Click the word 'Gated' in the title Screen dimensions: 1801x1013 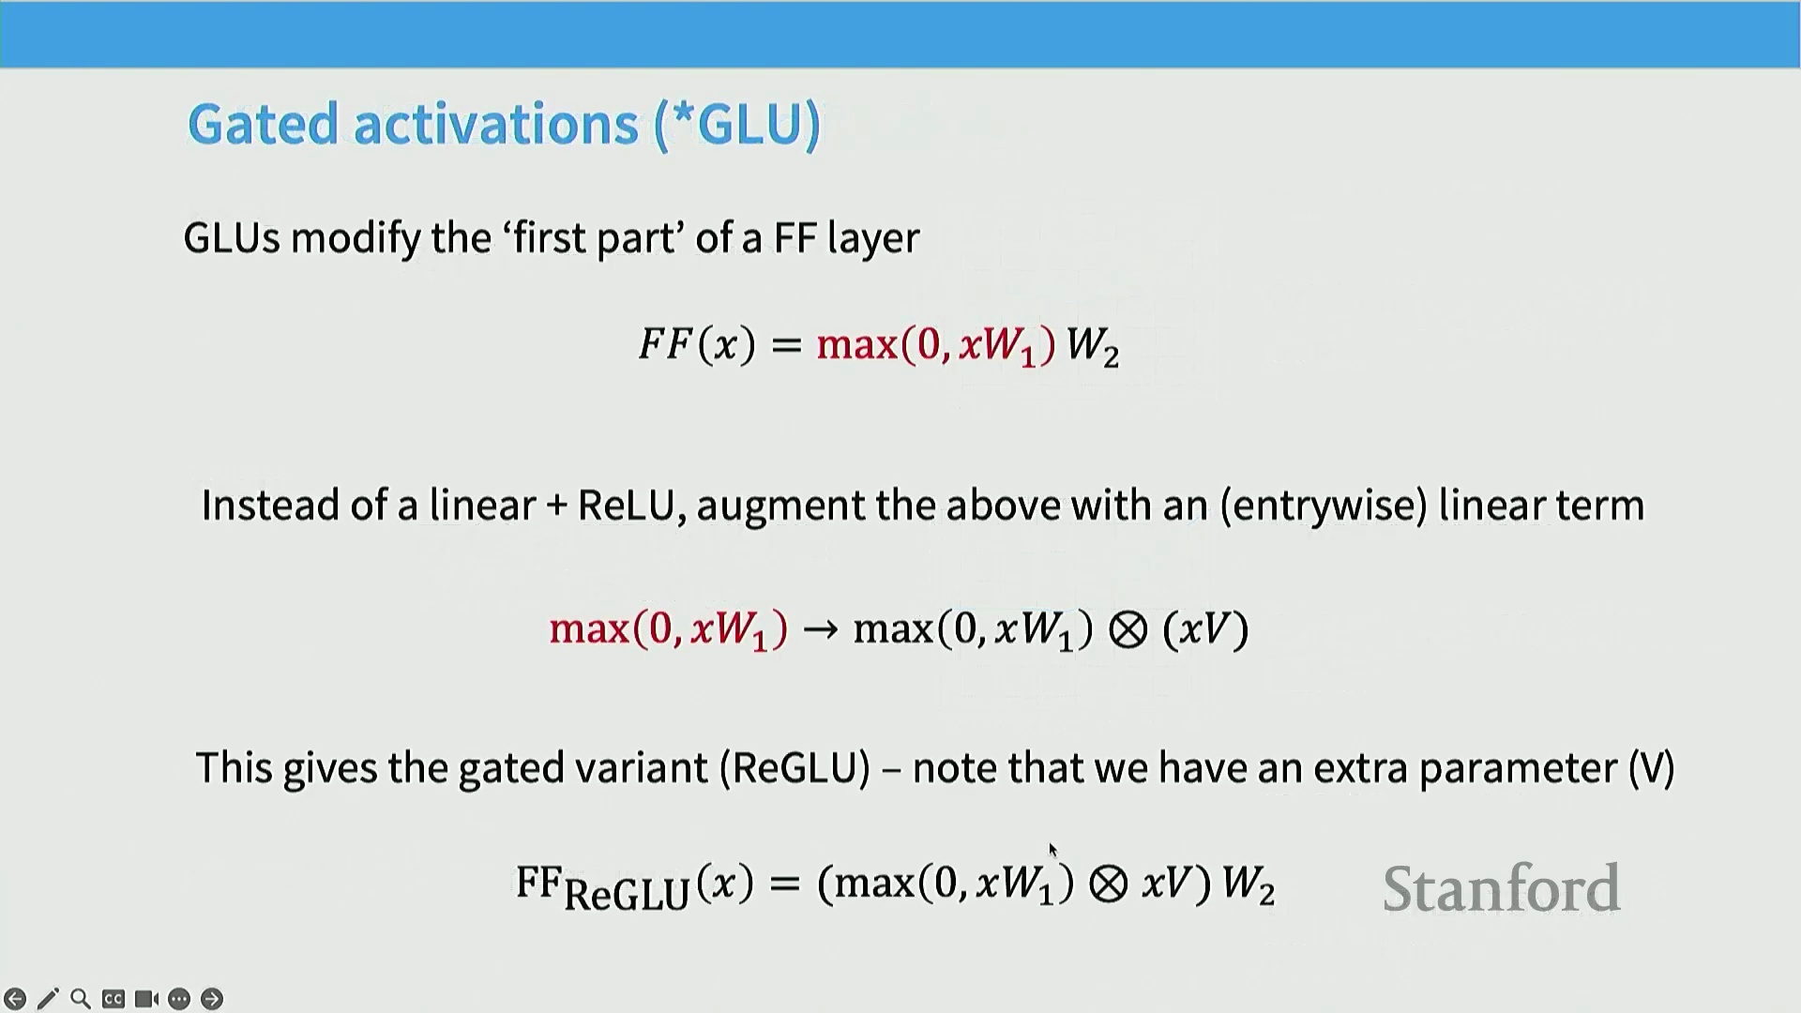point(263,124)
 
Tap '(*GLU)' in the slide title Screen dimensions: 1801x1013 point(737,124)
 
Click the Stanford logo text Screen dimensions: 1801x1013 point(1501,888)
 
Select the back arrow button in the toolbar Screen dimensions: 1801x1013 point(15,999)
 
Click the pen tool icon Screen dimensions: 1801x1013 point(48,999)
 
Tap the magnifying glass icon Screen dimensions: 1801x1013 point(81,999)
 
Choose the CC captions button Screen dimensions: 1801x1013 point(114,999)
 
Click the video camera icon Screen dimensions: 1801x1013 point(146,999)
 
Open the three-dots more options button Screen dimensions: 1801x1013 point(179,999)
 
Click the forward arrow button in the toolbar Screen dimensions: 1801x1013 point(212,999)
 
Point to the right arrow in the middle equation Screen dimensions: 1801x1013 point(821,629)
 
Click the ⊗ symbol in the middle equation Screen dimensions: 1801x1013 point(1128,629)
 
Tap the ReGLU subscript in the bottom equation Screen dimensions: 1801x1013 point(627,894)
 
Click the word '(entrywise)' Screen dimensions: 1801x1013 point(1324,506)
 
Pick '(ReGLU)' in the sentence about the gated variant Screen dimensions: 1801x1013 point(795,768)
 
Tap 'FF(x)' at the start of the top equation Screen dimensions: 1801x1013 point(697,344)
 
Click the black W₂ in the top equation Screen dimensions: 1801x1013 point(1093,346)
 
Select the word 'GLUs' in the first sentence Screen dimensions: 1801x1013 point(232,238)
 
